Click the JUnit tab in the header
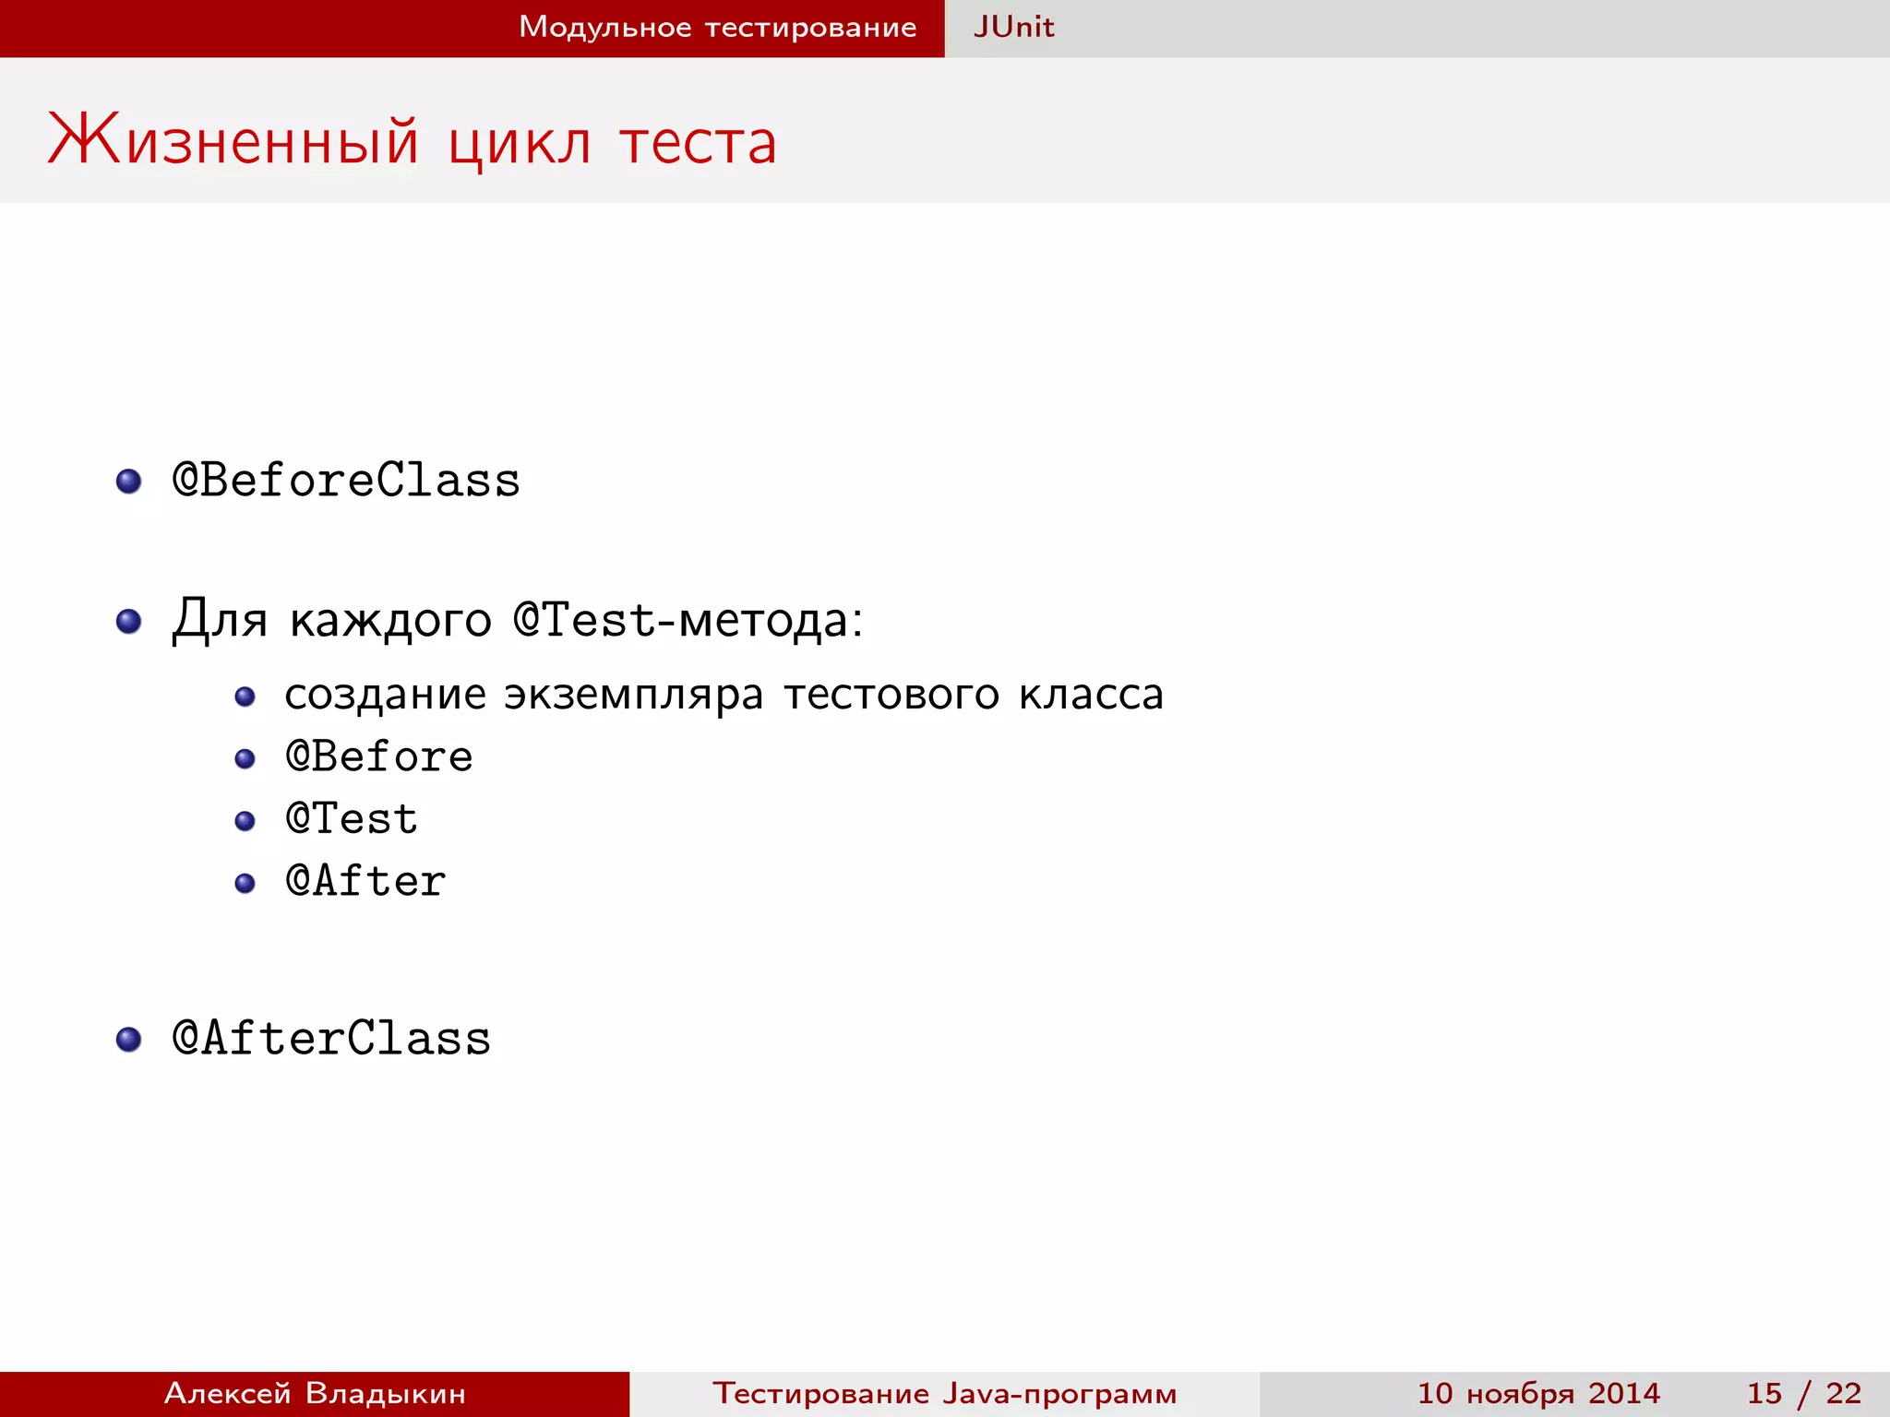coord(1013,27)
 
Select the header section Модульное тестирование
coord(717,27)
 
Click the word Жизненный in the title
coord(233,141)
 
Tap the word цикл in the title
coord(520,143)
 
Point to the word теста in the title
coord(698,143)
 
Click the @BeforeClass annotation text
coord(346,481)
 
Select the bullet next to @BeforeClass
coord(128,481)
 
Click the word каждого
coord(390,619)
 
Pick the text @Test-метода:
coord(688,619)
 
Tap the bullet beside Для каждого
coord(128,621)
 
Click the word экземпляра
coord(633,696)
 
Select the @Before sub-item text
coord(379,756)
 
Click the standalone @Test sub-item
coord(352,819)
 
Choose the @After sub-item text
coord(365,881)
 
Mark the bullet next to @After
coord(245,883)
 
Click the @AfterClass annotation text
coord(331,1038)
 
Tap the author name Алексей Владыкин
coord(315,1393)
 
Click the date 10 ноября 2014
coord(1538,1393)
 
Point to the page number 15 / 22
coord(1803,1393)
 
